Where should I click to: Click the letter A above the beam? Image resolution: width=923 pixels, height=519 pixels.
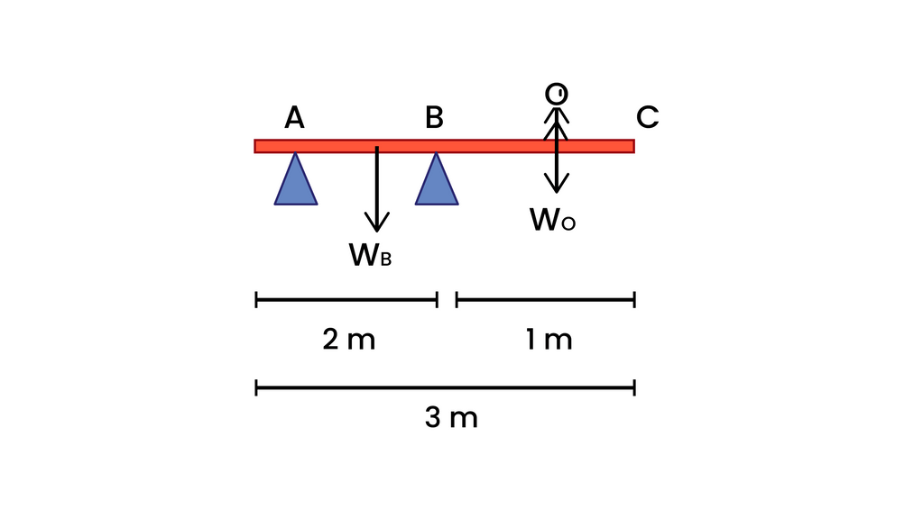pyautogui.click(x=294, y=117)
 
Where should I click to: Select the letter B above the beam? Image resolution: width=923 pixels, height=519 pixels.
pyautogui.click(x=434, y=117)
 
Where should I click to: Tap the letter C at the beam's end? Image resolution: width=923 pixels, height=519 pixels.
pyautogui.click(x=648, y=117)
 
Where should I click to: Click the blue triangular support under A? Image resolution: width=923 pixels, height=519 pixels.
pyautogui.click(x=296, y=182)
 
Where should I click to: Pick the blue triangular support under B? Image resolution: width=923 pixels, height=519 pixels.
pyautogui.click(x=437, y=182)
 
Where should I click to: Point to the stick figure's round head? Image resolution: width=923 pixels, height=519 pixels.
pyautogui.click(x=557, y=94)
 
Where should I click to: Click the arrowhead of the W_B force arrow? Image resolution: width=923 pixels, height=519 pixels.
pyautogui.click(x=377, y=223)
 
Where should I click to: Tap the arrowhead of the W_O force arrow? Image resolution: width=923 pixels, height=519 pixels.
pyautogui.click(x=557, y=185)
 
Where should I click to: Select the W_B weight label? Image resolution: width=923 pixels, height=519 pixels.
pyautogui.click(x=370, y=255)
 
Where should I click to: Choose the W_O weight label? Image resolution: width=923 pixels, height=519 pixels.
pyautogui.click(x=552, y=220)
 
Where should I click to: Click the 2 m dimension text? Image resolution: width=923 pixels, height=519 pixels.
pyautogui.click(x=348, y=340)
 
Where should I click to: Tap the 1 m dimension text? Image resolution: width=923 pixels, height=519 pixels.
pyautogui.click(x=549, y=340)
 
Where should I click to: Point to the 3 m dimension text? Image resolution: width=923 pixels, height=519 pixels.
pyautogui.click(x=451, y=418)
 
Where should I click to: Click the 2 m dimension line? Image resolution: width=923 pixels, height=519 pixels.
pyautogui.click(x=346, y=300)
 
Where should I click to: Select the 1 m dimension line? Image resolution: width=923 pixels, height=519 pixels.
pyautogui.click(x=546, y=300)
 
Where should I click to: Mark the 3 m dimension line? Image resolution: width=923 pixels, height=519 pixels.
pyautogui.click(x=446, y=388)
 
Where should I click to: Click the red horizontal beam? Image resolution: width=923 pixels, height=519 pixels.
pyautogui.click(x=445, y=146)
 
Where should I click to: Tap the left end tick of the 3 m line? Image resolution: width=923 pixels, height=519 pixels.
pyautogui.click(x=256, y=388)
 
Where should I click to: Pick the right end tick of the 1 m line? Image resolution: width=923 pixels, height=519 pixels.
pyautogui.click(x=634, y=300)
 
